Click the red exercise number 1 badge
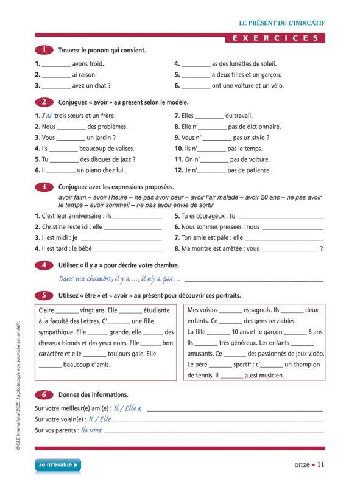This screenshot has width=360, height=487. coord(44,50)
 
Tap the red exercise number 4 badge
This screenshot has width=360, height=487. coord(44,265)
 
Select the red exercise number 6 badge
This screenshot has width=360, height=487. coord(44,394)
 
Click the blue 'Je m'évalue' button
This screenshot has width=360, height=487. coord(58,465)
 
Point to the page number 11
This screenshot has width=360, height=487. coord(321,464)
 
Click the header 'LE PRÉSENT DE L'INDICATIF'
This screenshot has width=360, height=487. coord(281,23)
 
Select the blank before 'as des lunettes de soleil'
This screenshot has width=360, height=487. coord(196,64)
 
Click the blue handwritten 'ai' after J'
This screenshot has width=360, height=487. coord(49,116)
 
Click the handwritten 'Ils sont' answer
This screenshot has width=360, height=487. coord(91,430)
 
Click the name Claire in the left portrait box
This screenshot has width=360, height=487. coord(47,310)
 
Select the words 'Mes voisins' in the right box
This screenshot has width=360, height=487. coord(203,310)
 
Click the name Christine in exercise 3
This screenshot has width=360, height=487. coord(55,226)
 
